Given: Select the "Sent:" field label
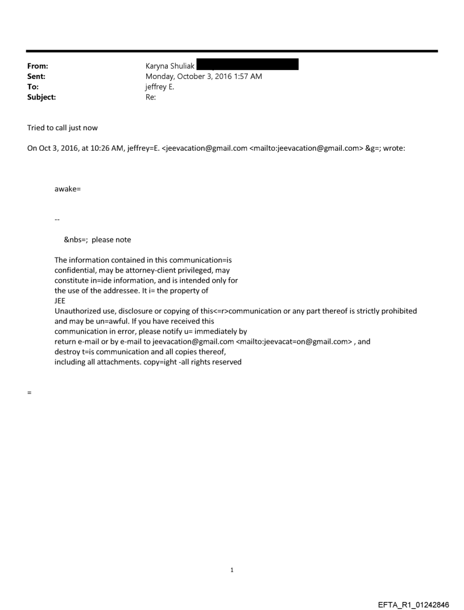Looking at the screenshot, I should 35,77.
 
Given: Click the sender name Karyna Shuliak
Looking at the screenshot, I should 170,67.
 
